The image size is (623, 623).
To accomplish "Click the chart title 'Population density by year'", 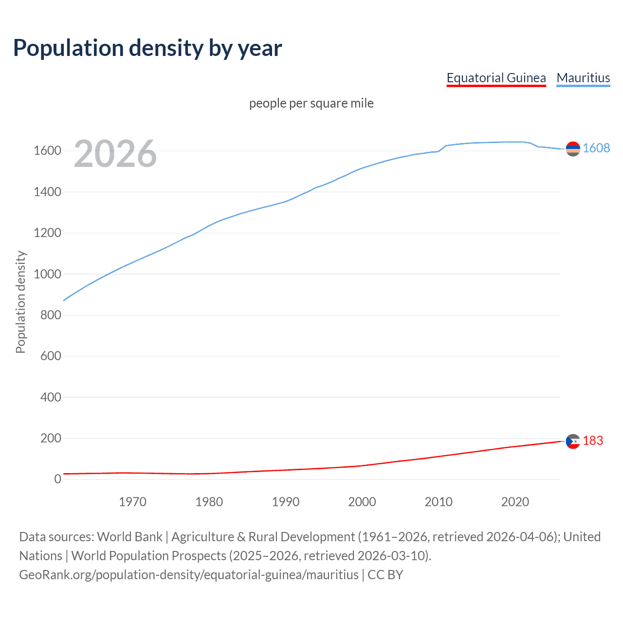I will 147,48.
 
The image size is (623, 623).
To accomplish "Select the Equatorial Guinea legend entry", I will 496,78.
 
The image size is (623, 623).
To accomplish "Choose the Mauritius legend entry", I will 583,78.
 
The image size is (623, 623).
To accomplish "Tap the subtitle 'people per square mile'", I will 311,103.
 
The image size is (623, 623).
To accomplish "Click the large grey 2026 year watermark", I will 115,154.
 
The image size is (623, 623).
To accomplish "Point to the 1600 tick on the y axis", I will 47,151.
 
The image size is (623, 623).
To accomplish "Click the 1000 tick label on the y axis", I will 47,274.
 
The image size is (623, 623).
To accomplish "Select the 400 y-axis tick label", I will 51,397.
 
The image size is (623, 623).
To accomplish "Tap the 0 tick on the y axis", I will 57,479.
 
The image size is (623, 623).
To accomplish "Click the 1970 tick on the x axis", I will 132,502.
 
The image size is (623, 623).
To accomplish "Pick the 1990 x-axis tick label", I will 286,502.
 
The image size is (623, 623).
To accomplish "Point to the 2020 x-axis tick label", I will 515,502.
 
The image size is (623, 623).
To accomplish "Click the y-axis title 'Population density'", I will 20,302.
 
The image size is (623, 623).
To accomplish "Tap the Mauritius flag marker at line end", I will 573,148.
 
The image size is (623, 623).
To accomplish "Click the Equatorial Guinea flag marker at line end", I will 573,441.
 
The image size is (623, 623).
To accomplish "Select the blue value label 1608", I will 596,148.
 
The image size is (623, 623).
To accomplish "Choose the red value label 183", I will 593,441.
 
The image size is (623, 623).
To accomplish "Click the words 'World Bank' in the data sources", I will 129,537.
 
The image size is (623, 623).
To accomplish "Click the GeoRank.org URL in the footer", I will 189,575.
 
